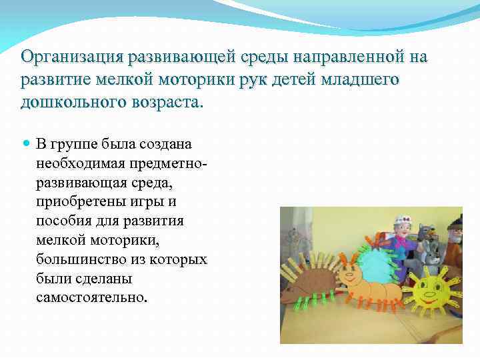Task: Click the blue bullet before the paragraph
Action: tap(26, 143)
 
